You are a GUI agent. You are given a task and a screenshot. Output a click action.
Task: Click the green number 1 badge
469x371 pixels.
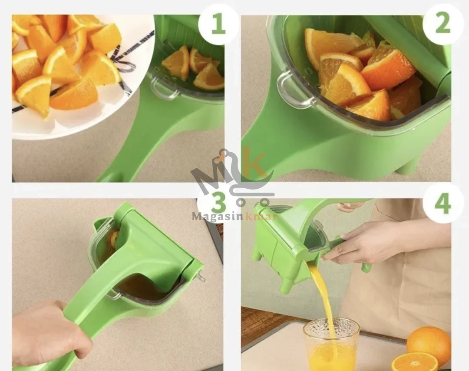coord(218,24)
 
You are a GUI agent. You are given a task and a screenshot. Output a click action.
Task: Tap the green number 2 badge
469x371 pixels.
coord(443,24)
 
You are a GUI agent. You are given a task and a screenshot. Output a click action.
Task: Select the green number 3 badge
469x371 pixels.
coord(218,203)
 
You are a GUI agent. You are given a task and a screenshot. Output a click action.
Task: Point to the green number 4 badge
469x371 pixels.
coord(443,203)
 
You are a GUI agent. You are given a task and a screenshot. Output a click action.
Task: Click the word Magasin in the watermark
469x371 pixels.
coord(218,216)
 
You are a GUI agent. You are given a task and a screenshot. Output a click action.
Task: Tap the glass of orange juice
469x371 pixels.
coord(331,344)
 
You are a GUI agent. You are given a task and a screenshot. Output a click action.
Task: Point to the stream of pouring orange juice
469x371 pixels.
coord(324,299)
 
